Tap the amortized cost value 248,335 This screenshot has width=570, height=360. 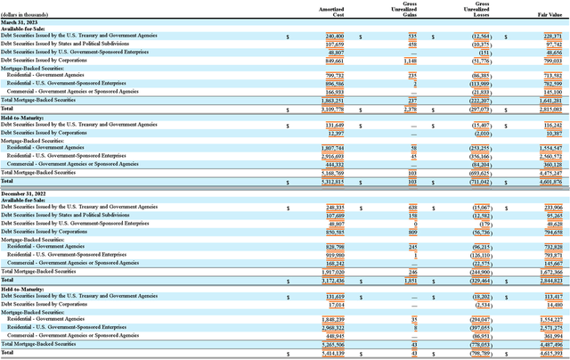pyautogui.click(x=331, y=207)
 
